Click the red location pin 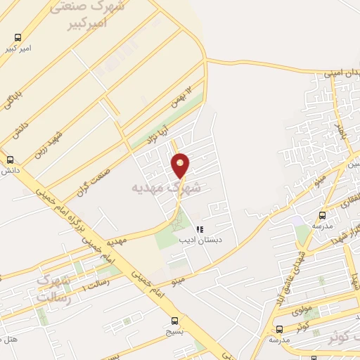point(181,165)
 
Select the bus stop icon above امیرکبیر point(18,38)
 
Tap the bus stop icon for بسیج point(175,321)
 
